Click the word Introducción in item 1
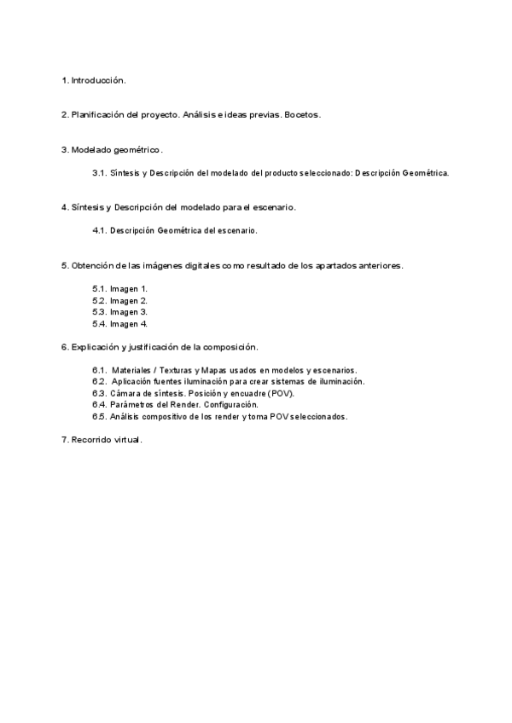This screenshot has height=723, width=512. (98, 80)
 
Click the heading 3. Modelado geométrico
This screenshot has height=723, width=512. (112, 150)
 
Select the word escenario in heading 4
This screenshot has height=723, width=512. (273, 207)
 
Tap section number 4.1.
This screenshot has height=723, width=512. (98, 230)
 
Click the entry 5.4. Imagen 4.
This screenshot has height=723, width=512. (120, 324)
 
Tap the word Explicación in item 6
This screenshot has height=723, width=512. (97, 347)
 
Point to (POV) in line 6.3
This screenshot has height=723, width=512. (280, 394)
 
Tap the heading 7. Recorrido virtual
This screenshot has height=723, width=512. (102, 440)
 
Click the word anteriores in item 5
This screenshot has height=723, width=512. (380, 265)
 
